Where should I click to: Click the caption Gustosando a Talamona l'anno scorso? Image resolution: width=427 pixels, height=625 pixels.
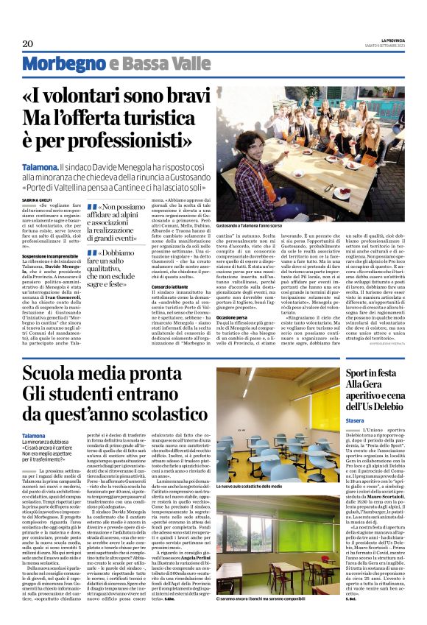pos(250,225)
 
